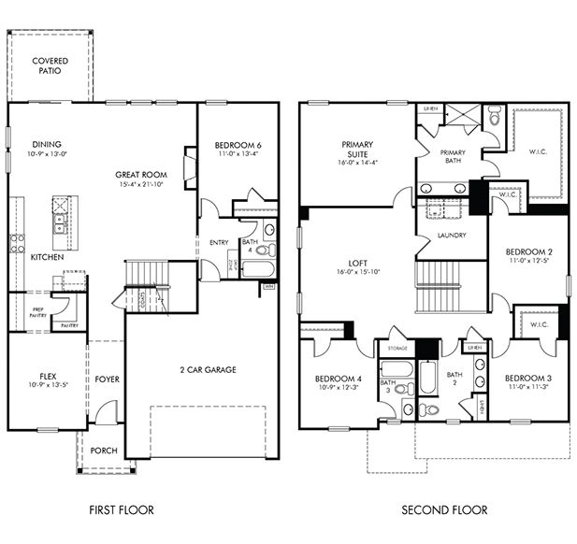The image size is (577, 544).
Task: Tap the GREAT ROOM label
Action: click(141, 174)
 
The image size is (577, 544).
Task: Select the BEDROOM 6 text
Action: click(237, 145)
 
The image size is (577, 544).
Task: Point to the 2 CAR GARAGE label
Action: click(208, 369)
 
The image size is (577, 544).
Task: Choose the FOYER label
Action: click(107, 379)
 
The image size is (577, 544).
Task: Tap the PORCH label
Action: click(104, 451)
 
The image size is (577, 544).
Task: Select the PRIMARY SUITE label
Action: click(357, 150)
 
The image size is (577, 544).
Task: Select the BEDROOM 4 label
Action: click(339, 379)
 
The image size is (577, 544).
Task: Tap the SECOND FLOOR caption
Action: click(444, 509)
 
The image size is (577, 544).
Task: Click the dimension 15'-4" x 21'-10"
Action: click(141, 185)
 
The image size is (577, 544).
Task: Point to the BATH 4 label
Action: click(249, 246)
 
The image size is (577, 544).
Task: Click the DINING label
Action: click(47, 145)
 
